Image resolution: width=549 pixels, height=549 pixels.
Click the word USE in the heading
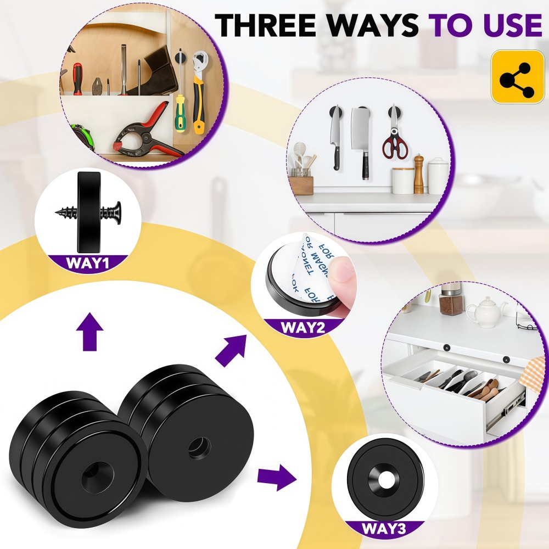(507, 25)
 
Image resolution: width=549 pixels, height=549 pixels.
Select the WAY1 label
(88, 262)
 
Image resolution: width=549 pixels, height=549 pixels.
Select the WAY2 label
(304, 328)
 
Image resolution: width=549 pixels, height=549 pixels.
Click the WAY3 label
(384, 529)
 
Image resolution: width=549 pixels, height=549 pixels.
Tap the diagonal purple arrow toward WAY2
(231, 351)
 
